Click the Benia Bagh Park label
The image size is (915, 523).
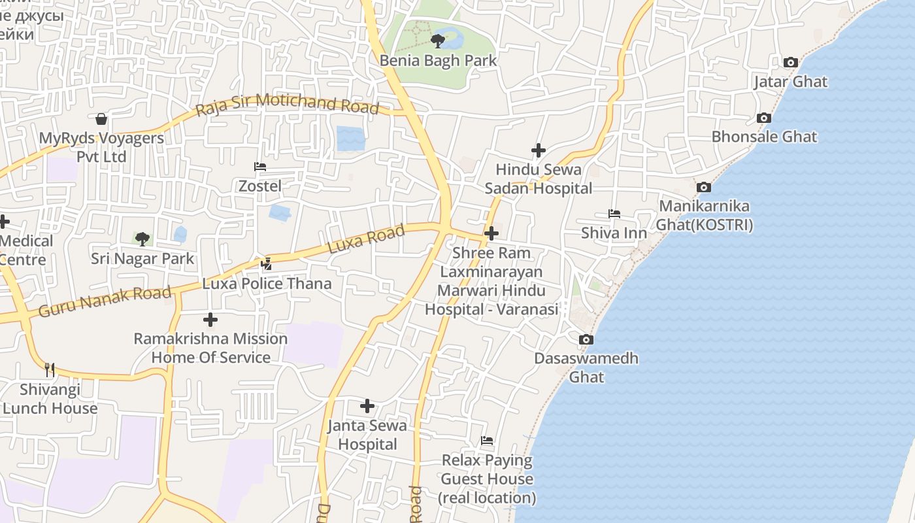[439, 61]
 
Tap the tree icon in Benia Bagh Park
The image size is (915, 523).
[438, 42]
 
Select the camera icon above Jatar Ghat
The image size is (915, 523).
[790, 63]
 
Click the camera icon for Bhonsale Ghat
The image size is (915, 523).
[763, 118]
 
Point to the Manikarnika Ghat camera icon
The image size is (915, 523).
[703, 188]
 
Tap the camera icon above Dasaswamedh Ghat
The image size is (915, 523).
[586, 340]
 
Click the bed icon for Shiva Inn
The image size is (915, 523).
[614, 214]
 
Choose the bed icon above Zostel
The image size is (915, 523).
[259, 167]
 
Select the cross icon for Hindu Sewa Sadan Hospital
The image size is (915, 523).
[538, 151]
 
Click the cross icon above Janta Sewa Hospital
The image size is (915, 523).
[367, 407]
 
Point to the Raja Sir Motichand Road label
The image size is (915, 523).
[288, 104]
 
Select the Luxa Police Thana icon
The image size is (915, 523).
[266, 264]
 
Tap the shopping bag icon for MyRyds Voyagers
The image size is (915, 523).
[101, 119]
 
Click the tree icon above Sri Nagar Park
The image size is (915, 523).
[142, 239]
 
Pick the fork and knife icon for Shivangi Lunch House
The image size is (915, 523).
[49, 370]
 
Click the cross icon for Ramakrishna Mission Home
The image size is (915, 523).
[210, 320]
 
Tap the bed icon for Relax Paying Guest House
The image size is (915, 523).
[487, 441]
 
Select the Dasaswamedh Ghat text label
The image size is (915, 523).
[586, 367]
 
